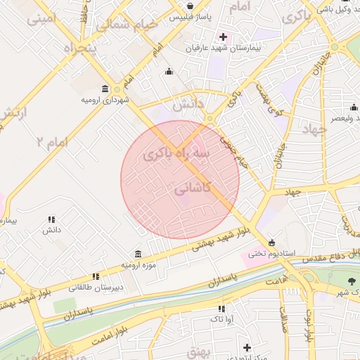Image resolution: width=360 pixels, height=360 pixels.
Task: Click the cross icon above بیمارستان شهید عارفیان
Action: click(223, 37)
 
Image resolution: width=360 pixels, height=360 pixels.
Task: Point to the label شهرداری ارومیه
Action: click(105, 100)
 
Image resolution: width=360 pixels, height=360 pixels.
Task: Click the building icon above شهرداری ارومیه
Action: click(105, 89)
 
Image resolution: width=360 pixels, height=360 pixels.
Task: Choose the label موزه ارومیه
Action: click(136, 264)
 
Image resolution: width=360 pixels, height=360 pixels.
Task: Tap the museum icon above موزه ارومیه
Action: click(137, 253)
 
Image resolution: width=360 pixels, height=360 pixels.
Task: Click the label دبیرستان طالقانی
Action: click(95, 287)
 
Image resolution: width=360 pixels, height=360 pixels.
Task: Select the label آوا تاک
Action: click(222, 319)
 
